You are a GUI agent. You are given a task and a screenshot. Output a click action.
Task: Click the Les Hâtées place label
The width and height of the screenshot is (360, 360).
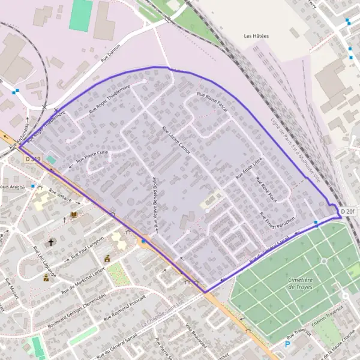click(x=256, y=37)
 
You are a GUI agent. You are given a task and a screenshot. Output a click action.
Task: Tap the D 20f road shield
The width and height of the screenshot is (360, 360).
click(x=348, y=212)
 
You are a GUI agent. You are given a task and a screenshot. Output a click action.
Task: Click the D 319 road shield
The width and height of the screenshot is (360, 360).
click(x=34, y=159)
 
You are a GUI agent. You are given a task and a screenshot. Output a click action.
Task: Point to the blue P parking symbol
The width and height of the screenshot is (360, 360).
click(x=287, y=345)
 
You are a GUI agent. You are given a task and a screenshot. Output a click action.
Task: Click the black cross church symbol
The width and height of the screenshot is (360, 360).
click(x=51, y=243)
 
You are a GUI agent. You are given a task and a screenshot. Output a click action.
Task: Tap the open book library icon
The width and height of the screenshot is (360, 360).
click(x=74, y=215)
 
